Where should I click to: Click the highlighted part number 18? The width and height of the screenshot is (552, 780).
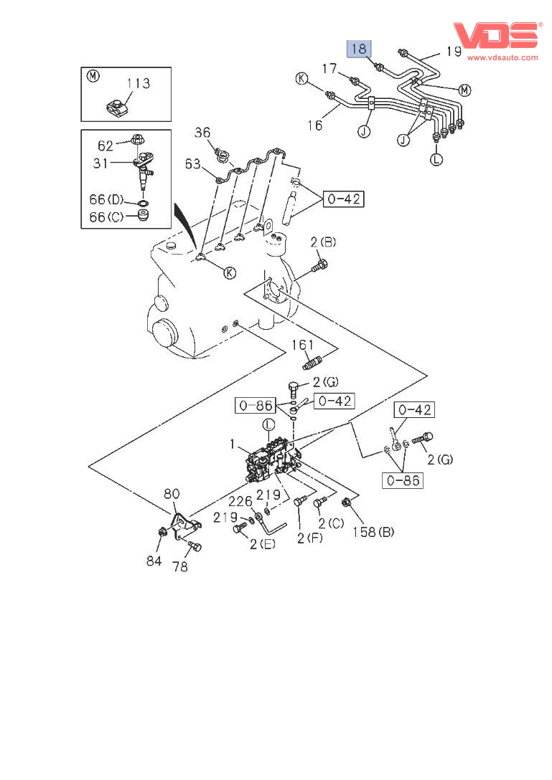point(360,49)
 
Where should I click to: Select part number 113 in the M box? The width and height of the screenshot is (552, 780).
point(139,84)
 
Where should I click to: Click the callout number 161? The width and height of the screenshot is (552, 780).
point(303,346)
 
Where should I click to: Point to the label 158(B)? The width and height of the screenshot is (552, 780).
point(373,532)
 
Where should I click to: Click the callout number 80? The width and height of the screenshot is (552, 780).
point(172,493)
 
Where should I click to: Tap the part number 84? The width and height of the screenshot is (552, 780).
point(154,561)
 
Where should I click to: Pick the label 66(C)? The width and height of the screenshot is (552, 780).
point(106,217)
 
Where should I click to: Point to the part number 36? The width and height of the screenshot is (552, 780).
point(203,132)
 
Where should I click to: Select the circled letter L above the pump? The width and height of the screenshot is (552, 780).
point(267,425)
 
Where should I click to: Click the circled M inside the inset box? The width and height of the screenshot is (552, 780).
point(93,76)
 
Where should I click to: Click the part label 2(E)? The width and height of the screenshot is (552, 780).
point(262,544)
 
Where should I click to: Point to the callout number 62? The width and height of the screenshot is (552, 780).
point(106,145)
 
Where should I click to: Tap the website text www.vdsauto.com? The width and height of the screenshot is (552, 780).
point(502,57)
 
